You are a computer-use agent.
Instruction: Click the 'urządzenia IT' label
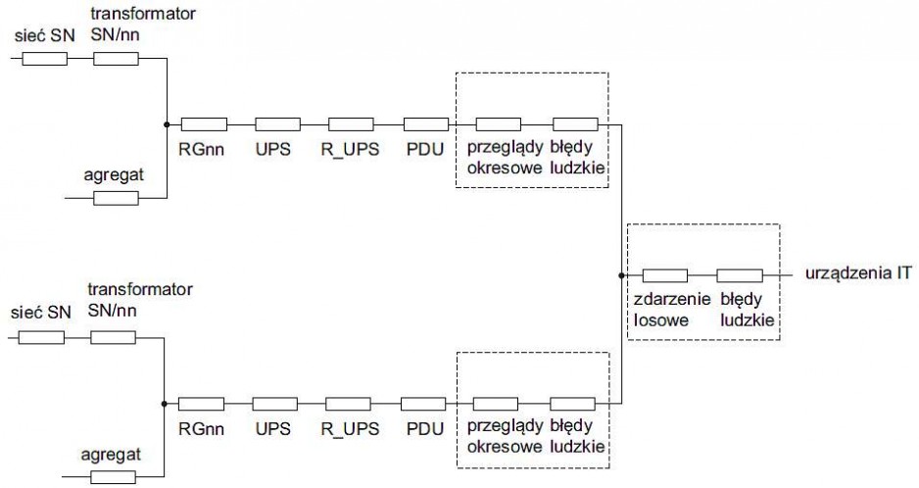tap(858, 273)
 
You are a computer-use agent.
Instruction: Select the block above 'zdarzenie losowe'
tap(665, 275)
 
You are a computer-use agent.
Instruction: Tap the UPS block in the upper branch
tap(278, 124)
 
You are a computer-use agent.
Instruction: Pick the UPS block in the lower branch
tap(275, 404)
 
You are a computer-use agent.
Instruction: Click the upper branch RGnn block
tap(204, 124)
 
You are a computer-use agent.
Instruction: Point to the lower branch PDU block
tap(423, 404)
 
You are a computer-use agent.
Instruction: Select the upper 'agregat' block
tap(116, 198)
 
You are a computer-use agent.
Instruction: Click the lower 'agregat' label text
tap(111, 454)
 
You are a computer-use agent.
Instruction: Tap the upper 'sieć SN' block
tap(44, 59)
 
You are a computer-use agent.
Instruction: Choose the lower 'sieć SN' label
tap(40, 313)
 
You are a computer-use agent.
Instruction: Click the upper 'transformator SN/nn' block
tap(116, 59)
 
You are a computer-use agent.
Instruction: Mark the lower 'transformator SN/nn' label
tap(140, 299)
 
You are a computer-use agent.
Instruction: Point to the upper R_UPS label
tap(350, 149)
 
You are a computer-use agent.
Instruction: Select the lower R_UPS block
tap(348, 404)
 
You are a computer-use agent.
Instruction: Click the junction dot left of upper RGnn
tap(167, 124)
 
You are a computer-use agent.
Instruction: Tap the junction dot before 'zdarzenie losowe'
tap(621, 275)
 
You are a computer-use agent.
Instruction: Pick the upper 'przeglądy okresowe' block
tap(498, 124)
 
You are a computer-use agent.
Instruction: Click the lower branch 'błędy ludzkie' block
tap(572, 404)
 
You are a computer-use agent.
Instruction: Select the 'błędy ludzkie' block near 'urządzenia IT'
tap(740, 275)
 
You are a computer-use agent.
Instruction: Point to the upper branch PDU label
tap(425, 149)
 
